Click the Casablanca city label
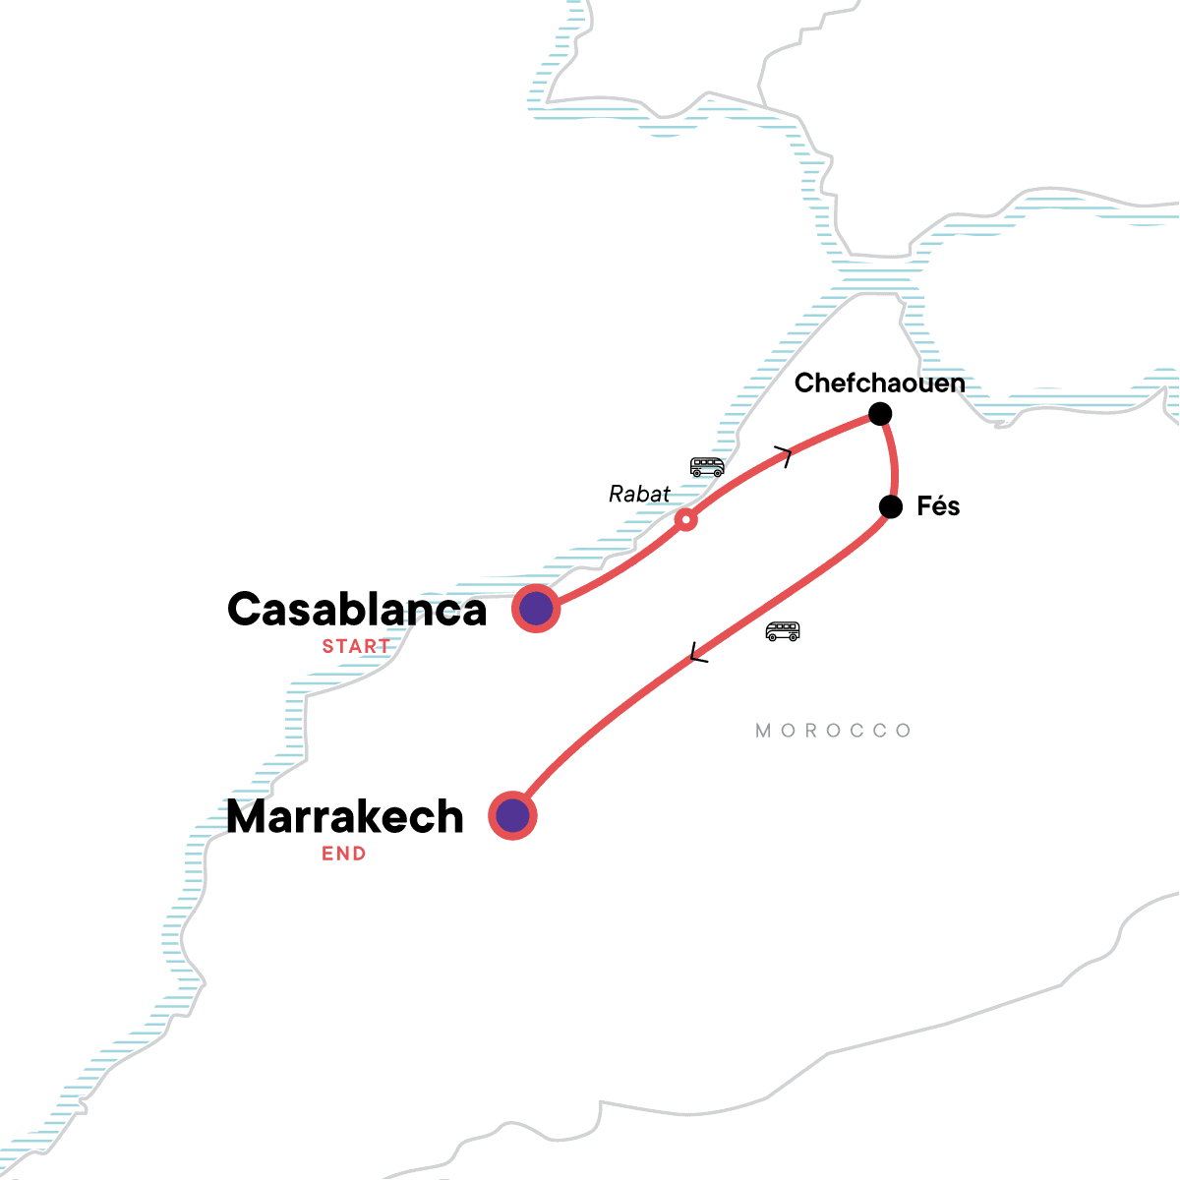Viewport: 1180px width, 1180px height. coord(357,610)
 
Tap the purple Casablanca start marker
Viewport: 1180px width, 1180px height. coord(536,609)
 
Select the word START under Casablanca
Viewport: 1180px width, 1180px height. coord(356,646)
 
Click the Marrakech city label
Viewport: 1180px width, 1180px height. coord(345,817)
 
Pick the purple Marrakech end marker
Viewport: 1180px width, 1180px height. coord(512,815)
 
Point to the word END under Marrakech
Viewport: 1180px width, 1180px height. coord(344,854)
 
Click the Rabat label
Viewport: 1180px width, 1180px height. coord(639,494)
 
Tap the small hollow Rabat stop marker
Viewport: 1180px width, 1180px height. coord(686,519)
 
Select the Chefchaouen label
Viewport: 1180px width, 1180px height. coord(879,383)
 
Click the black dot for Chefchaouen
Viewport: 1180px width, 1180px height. coord(880,413)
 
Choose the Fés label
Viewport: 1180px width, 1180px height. coord(938,506)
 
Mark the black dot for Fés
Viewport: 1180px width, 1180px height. coord(890,506)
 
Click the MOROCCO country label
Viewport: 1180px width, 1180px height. coord(834,731)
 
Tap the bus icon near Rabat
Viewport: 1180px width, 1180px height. coord(707,466)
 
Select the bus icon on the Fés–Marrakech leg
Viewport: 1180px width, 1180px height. coord(783,631)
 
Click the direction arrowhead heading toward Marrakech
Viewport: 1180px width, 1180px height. coord(698,653)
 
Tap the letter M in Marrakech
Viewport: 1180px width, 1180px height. coord(250,817)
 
